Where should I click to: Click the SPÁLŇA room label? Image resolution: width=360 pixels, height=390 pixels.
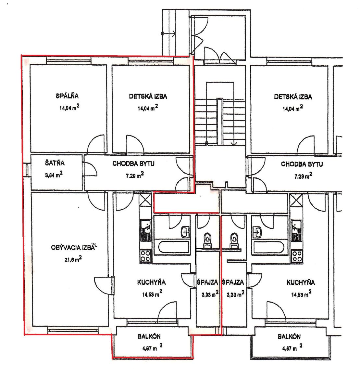(67, 96)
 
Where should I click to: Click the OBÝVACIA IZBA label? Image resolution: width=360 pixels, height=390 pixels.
(72, 248)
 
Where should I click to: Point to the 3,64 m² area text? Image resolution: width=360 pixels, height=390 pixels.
(54, 175)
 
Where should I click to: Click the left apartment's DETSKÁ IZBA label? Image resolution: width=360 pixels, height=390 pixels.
(148, 97)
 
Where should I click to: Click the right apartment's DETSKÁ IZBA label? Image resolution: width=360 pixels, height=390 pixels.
(293, 97)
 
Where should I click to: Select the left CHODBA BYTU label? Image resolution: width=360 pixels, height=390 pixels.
(133, 164)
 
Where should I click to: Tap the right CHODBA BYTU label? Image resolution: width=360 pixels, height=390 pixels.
(302, 164)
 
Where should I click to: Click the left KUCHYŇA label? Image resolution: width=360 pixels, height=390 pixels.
(151, 282)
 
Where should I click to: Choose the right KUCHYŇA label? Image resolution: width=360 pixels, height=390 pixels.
(301, 282)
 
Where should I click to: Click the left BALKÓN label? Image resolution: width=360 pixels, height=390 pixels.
(149, 337)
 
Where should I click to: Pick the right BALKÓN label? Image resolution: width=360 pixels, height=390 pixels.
(289, 337)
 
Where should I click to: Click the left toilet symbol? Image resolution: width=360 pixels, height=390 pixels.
(207, 240)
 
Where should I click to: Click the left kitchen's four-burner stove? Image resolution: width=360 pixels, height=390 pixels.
(145, 256)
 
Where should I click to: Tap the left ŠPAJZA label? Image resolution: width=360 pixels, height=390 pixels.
(207, 282)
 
